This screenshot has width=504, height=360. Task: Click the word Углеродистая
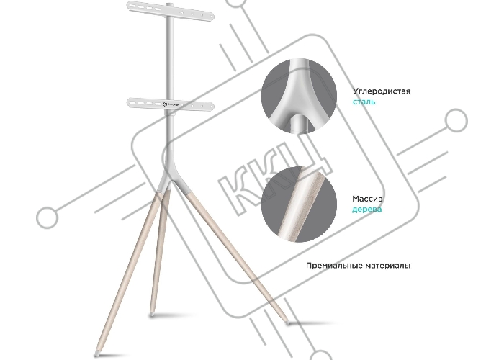tap(382, 91)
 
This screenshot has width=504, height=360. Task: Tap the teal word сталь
tap(364, 102)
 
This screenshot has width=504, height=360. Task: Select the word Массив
tap(367, 199)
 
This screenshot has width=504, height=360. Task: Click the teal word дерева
tap(366, 210)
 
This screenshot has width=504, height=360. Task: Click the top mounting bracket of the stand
tap(170, 10)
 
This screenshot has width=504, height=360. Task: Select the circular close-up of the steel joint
tap(299, 96)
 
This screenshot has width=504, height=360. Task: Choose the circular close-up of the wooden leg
tap(299, 204)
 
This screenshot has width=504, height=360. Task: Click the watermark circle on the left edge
tap(48, 218)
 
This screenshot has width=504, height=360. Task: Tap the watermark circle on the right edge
tap(456, 121)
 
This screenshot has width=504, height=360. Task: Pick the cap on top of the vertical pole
tap(170, 4)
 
